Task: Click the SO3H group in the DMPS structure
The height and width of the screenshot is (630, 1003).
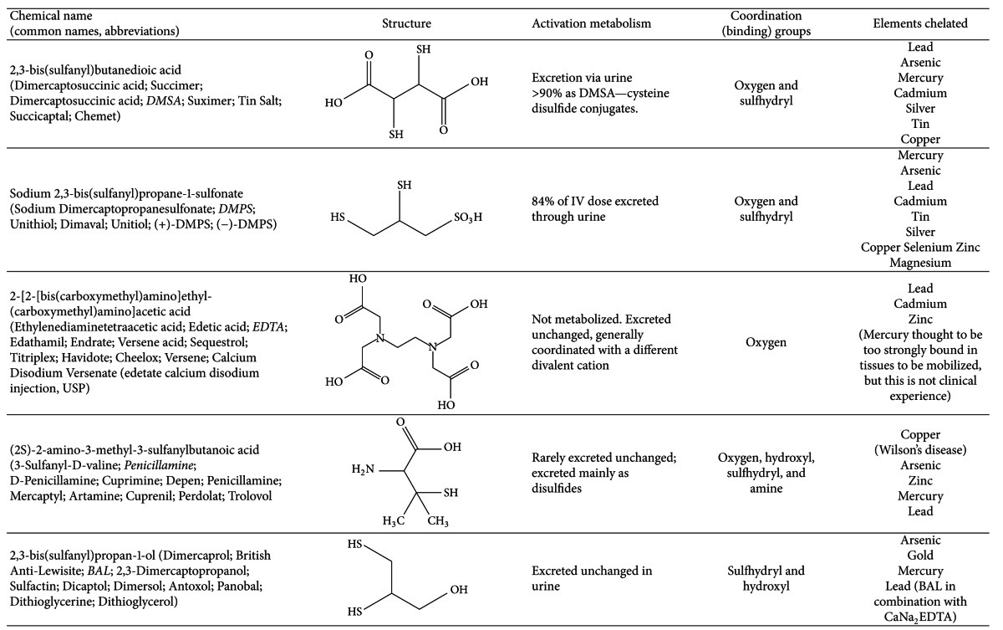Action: pyautogui.click(x=468, y=218)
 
